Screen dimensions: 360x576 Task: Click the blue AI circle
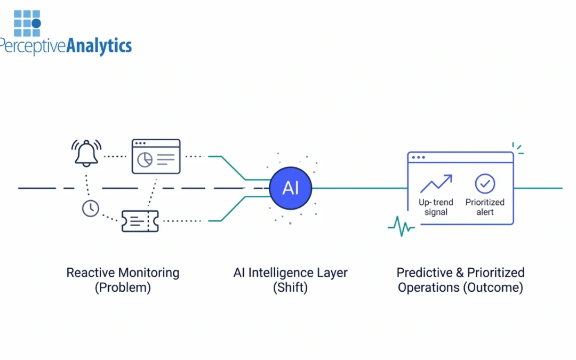point(290,188)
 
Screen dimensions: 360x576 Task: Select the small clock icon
point(91,208)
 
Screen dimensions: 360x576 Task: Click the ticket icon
point(140,221)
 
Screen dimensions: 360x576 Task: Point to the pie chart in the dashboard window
point(145,159)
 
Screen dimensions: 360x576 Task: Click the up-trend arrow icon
point(436,184)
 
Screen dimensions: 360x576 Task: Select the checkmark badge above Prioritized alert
point(485,184)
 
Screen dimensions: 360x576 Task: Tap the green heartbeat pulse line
point(401,226)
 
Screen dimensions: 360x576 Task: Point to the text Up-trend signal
point(436,207)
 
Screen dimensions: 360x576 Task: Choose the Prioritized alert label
point(485,207)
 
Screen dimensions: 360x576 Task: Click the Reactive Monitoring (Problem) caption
point(123,280)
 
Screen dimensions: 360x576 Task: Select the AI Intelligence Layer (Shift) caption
point(290,280)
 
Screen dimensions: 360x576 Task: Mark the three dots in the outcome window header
point(419,157)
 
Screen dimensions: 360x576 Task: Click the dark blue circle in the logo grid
point(36,23)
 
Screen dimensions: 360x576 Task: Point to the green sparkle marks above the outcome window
point(517,148)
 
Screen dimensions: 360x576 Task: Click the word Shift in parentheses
point(290,288)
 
